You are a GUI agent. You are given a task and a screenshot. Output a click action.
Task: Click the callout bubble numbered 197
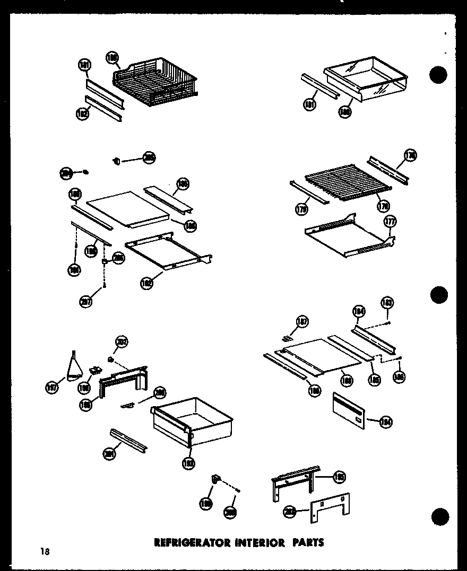[x=52, y=388]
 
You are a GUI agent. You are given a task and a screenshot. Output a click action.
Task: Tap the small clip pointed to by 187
[x=288, y=338]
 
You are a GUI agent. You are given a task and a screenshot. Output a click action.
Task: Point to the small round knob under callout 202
[x=111, y=359]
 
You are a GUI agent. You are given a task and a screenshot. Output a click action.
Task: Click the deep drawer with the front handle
[x=191, y=421]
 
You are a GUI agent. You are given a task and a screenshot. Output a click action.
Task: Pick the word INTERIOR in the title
[x=253, y=542]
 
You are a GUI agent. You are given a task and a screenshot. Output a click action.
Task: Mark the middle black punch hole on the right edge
[x=439, y=294]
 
